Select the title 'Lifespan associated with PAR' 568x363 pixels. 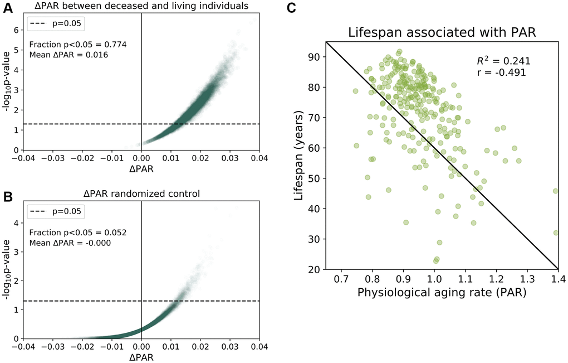442,32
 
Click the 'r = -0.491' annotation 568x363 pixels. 494,72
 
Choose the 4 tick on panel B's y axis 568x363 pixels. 16,223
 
